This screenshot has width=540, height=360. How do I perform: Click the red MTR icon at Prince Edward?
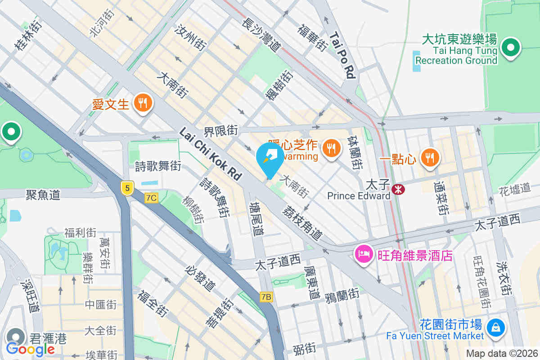coord(398,189)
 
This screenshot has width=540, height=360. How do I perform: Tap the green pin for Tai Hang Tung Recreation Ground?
coord(511,48)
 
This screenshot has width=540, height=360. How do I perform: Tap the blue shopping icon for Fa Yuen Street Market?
coord(496,326)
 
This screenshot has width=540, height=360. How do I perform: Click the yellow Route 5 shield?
coord(127,188)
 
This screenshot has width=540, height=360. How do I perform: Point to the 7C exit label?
coord(152,198)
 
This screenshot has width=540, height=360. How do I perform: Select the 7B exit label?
coord(266,297)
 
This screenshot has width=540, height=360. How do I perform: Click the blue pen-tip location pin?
coord(270,157)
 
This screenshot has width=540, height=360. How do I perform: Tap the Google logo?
coord(30,349)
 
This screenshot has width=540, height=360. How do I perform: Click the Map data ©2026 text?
coord(501,353)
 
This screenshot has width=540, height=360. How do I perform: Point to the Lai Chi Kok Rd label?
coord(211,154)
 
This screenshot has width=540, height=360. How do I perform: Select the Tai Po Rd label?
coord(342,55)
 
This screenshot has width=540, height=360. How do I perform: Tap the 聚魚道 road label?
coord(43,195)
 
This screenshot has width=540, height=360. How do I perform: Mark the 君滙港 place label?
coord(48,338)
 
